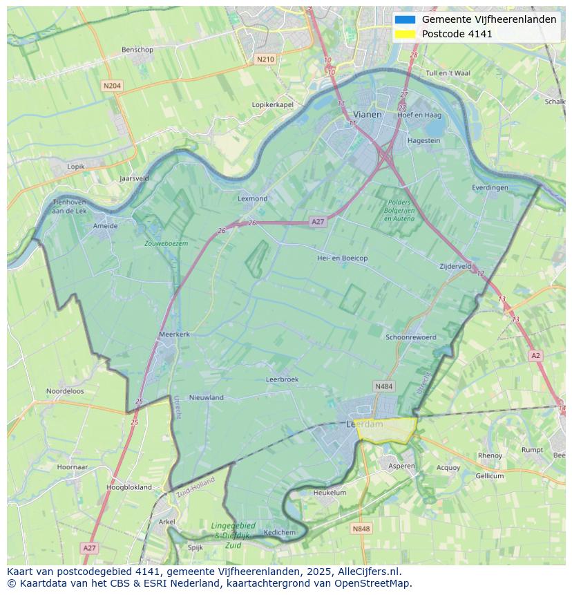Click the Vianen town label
(x=367, y=115)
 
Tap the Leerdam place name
(x=359, y=424)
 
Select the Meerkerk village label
(x=174, y=334)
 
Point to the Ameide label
(x=105, y=226)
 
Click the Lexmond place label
(x=252, y=199)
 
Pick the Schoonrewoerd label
(x=411, y=337)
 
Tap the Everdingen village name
(x=490, y=188)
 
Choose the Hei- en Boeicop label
(x=342, y=258)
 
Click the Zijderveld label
(x=455, y=266)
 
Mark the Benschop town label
(x=137, y=50)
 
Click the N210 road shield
(x=265, y=59)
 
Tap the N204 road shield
(x=111, y=86)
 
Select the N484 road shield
(x=383, y=386)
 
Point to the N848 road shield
(x=361, y=529)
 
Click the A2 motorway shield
(x=535, y=355)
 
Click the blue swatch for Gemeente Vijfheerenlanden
(x=406, y=19)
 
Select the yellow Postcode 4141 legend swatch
(x=406, y=34)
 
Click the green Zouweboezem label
(x=166, y=244)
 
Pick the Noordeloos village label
(x=65, y=391)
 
